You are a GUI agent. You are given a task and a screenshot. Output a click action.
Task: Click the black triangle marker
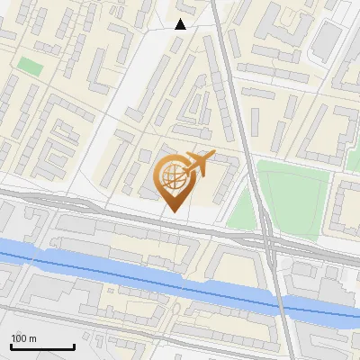click(x=181, y=24)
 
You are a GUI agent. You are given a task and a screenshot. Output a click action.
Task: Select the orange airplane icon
click(x=199, y=164)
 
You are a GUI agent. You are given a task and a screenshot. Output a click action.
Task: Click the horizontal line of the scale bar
click(x=42, y=346)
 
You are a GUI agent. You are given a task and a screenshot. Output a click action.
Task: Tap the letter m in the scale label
click(x=32, y=338)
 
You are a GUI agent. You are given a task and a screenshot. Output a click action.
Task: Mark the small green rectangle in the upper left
click(x=31, y=67)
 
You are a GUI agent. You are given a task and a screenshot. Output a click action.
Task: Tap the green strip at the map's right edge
click(x=354, y=159)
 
